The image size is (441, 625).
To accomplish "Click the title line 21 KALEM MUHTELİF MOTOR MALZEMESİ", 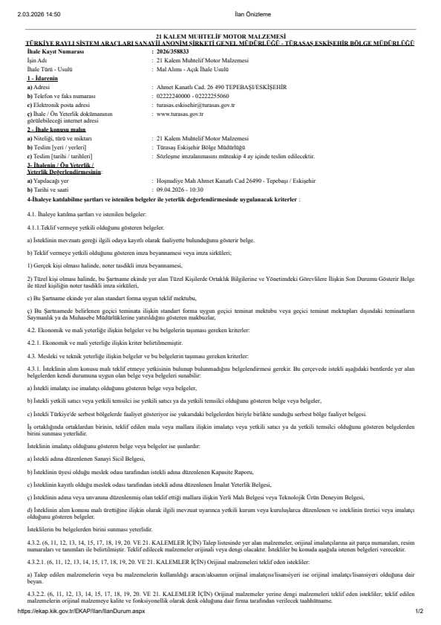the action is tap(220, 36).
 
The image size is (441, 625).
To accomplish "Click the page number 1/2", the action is tap(418, 612).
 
